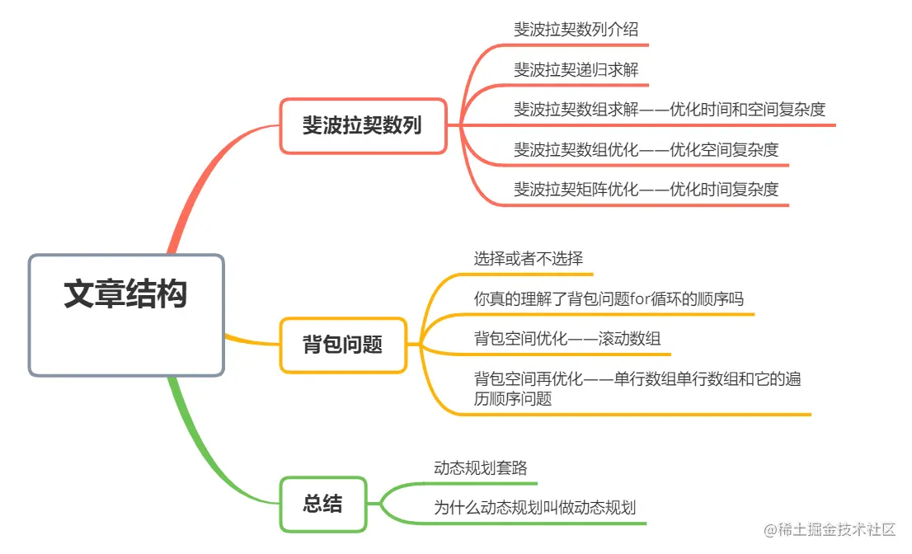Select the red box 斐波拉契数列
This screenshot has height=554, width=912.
[363, 126]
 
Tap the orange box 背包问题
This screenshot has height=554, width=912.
[343, 345]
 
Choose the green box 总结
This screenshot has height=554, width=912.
[322, 504]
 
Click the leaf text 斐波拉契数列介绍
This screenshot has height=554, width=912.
[576, 30]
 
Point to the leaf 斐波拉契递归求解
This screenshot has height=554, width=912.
[576, 69]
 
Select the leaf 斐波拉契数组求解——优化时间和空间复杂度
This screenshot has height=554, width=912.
[670, 109]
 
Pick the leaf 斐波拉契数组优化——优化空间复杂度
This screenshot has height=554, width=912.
[646, 149]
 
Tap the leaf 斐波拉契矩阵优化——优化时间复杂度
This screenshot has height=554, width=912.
[646, 189]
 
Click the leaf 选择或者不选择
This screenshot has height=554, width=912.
[529, 258]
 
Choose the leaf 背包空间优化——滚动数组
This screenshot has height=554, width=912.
[567, 338]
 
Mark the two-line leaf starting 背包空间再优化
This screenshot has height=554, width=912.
[637, 388]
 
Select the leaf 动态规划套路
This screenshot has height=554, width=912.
[480, 468]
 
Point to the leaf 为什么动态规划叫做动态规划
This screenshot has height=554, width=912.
[534, 508]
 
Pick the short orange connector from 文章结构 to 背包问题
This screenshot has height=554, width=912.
[252, 340]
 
